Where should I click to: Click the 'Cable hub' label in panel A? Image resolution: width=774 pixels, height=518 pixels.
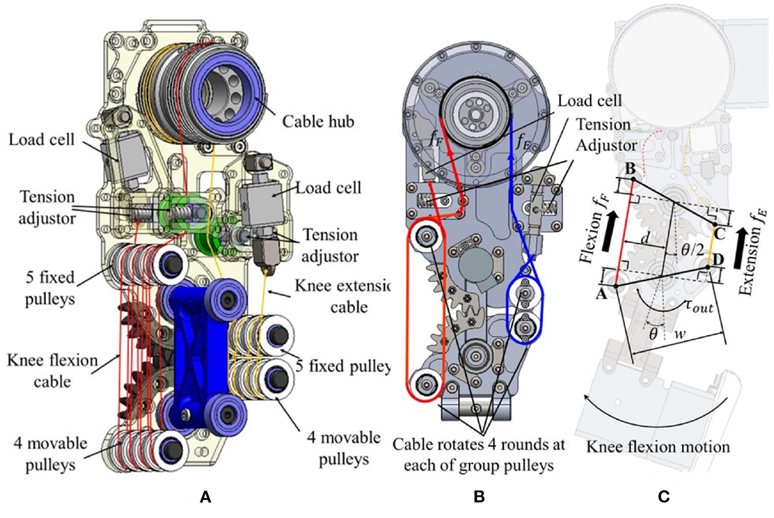[x=318, y=121]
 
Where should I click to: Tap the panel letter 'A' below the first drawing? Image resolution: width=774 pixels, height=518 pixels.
[x=205, y=497]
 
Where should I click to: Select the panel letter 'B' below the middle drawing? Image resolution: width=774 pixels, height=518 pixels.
[x=479, y=497]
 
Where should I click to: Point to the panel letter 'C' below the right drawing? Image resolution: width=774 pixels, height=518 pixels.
[x=664, y=497]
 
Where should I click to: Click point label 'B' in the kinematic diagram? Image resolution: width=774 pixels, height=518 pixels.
[x=630, y=169]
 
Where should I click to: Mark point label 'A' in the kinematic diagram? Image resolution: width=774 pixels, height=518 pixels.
[x=601, y=294]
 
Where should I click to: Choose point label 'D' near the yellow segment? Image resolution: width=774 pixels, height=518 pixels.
[x=718, y=260]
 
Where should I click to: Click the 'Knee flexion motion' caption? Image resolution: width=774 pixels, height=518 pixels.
[x=658, y=447]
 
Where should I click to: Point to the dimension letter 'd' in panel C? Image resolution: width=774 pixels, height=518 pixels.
[x=645, y=238]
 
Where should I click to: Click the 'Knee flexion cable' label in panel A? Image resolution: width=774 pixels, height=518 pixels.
[x=52, y=370]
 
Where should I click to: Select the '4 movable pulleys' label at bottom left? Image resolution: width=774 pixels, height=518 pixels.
[x=50, y=454]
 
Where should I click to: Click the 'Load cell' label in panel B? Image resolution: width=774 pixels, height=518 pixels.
[x=589, y=101]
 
